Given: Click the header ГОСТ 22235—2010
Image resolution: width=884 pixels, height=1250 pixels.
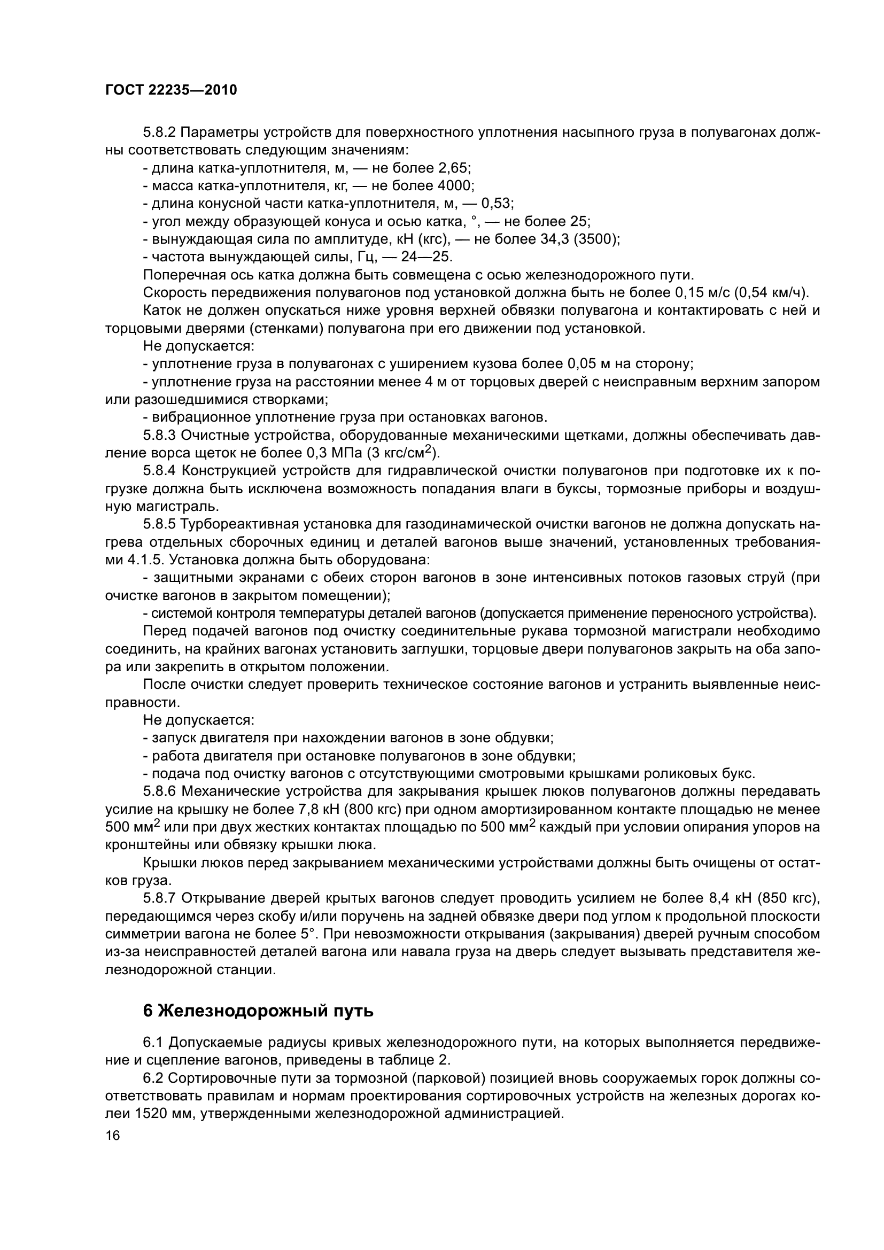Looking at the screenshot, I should (171, 90).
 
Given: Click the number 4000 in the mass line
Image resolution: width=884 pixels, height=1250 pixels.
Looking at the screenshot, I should (455, 186).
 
